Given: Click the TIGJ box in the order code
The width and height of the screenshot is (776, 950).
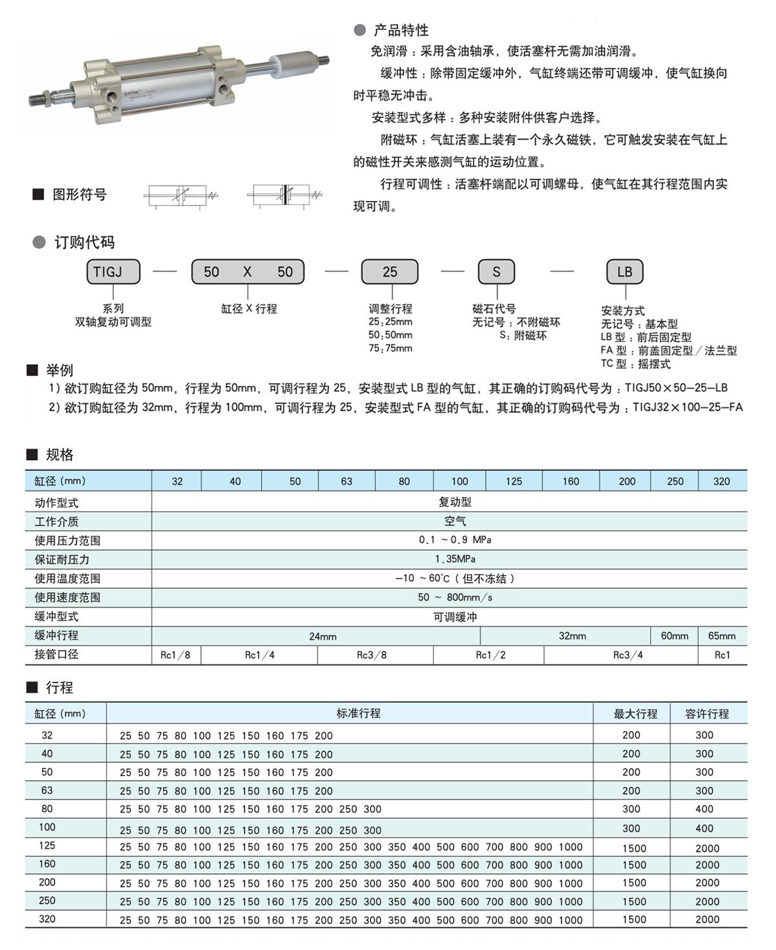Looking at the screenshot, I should pos(113,272).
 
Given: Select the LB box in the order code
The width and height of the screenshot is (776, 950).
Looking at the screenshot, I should pos(625,272).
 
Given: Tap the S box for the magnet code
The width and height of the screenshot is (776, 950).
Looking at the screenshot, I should pos(496,272).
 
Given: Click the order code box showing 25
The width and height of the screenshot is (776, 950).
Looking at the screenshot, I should pos(389,272).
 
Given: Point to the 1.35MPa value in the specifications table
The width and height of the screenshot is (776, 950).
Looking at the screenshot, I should pos(455,559).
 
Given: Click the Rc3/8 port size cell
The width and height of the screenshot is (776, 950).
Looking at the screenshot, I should pos(372,655).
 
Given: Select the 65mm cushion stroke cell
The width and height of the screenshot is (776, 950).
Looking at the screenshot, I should pos(722,636).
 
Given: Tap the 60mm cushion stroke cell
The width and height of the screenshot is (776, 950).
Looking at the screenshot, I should pos(674,636).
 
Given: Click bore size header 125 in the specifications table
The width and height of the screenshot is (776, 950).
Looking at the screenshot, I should pos(513,481).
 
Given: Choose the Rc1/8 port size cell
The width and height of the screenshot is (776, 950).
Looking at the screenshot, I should pos(175,655).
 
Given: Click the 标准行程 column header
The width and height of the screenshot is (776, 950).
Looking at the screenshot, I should pos(358,713).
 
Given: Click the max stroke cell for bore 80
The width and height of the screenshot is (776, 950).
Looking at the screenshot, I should pos(631,809).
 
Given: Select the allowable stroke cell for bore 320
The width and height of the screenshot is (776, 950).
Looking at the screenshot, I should pos(707,920).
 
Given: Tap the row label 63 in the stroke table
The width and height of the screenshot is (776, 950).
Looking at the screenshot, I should pos(47,790).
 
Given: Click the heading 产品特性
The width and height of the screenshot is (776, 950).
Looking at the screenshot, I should pos(401,30).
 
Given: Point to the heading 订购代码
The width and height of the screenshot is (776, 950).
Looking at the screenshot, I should pos(84,242).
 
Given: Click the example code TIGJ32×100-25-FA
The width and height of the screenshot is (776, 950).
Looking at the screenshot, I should pos(687,408).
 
